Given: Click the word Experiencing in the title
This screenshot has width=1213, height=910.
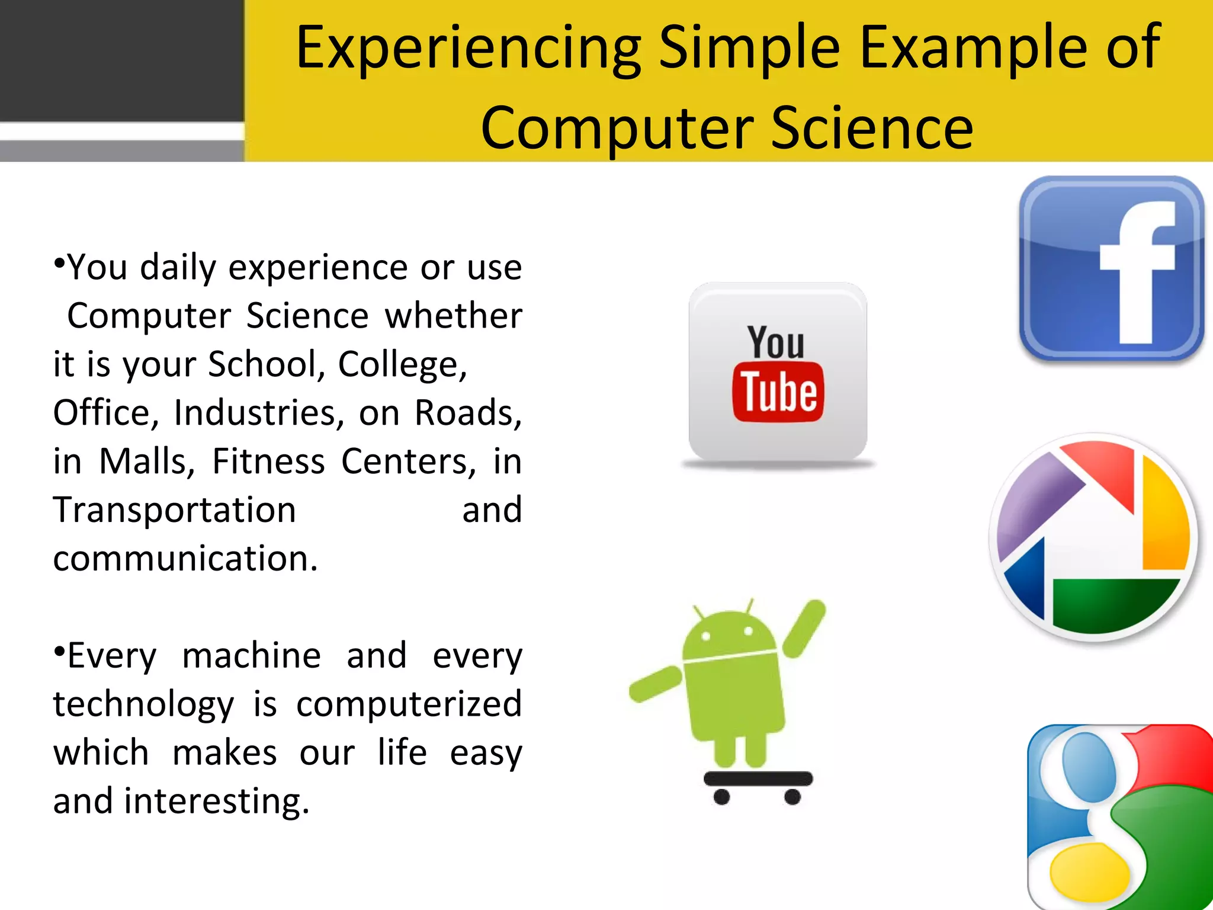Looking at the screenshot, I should click(x=468, y=49).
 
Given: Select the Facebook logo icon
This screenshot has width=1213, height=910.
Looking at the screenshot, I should click(x=1111, y=268).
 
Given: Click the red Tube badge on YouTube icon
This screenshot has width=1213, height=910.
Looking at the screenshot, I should click(x=778, y=392).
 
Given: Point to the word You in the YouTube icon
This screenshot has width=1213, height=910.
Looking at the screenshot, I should click(x=776, y=342).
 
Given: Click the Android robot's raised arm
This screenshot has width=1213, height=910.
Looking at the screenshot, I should click(x=804, y=628).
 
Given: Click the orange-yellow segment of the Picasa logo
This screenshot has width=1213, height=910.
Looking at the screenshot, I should click(x=1164, y=521).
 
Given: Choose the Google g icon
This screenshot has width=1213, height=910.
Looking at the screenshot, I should click(x=1119, y=818).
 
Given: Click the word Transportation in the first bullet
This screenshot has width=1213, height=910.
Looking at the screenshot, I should click(x=175, y=511).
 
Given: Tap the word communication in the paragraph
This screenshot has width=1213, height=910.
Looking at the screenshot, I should click(x=185, y=559).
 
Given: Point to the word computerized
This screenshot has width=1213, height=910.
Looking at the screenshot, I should click(x=409, y=705).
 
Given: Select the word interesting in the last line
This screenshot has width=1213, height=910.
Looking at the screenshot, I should click(x=216, y=802).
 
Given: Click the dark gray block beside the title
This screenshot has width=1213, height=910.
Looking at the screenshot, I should click(x=121, y=59).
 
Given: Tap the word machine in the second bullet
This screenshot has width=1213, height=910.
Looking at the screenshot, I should click(x=252, y=656).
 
